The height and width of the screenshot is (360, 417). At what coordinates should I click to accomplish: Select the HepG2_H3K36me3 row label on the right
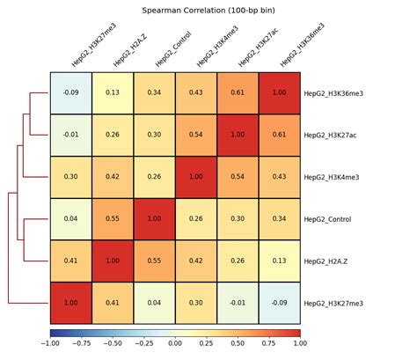pyautogui.click(x=333, y=92)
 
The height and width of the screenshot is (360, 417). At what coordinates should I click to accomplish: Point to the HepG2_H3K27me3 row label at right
pyautogui.click(x=333, y=303)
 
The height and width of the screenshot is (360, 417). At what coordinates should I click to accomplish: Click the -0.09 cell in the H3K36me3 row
pyautogui.click(x=71, y=92)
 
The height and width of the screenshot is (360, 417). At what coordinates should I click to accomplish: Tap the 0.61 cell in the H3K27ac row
pyautogui.click(x=280, y=135)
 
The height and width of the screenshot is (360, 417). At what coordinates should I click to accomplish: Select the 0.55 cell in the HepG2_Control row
pyautogui.click(x=113, y=219)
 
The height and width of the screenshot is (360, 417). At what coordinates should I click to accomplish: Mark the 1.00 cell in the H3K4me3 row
pyautogui.click(x=196, y=177)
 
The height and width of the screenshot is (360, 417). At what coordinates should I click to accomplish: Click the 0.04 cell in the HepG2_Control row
pyautogui.click(x=71, y=219)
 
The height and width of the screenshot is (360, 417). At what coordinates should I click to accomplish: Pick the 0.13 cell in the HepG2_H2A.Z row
pyautogui.click(x=280, y=261)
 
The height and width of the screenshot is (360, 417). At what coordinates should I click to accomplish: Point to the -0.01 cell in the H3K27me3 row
pyautogui.click(x=238, y=303)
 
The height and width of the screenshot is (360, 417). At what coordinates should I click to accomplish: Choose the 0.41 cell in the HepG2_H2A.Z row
pyautogui.click(x=71, y=261)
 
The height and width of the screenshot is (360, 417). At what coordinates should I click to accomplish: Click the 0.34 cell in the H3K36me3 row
pyautogui.click(x=155, y=92)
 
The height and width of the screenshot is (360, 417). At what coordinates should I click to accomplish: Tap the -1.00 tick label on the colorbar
pyautogui.click(x=49, y=345)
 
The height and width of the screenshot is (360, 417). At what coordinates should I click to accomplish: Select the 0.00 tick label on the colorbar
pyautogui.click(x=176, y=345)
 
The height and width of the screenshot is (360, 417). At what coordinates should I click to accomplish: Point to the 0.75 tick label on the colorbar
pyautogui.click(x=269, y=345)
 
